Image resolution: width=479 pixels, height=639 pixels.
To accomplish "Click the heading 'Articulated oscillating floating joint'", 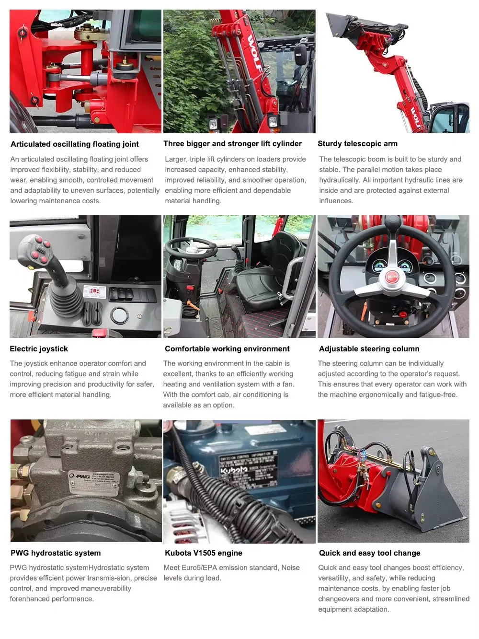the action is click(74, 144).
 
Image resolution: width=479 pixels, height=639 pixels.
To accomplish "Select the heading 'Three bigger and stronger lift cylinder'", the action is click(232, 143).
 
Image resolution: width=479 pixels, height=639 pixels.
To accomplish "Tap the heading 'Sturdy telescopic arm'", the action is click(357, 143).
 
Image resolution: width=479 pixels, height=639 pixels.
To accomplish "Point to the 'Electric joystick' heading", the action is click(39, 349).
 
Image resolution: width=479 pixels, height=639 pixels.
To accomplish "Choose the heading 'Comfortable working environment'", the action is click(227, 349).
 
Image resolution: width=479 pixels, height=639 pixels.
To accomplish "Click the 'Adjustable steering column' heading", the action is click(369, 349).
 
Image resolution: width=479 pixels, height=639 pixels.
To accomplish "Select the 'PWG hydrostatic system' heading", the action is click(56, 553).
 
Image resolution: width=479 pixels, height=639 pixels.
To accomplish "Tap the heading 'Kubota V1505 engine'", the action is click(203, 553).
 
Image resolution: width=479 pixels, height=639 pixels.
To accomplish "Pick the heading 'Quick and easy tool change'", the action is click(370, 553).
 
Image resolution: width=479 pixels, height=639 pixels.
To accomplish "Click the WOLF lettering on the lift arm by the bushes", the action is click(255, 53).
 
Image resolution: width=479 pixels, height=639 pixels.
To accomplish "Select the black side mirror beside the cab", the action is click(301, 55).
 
